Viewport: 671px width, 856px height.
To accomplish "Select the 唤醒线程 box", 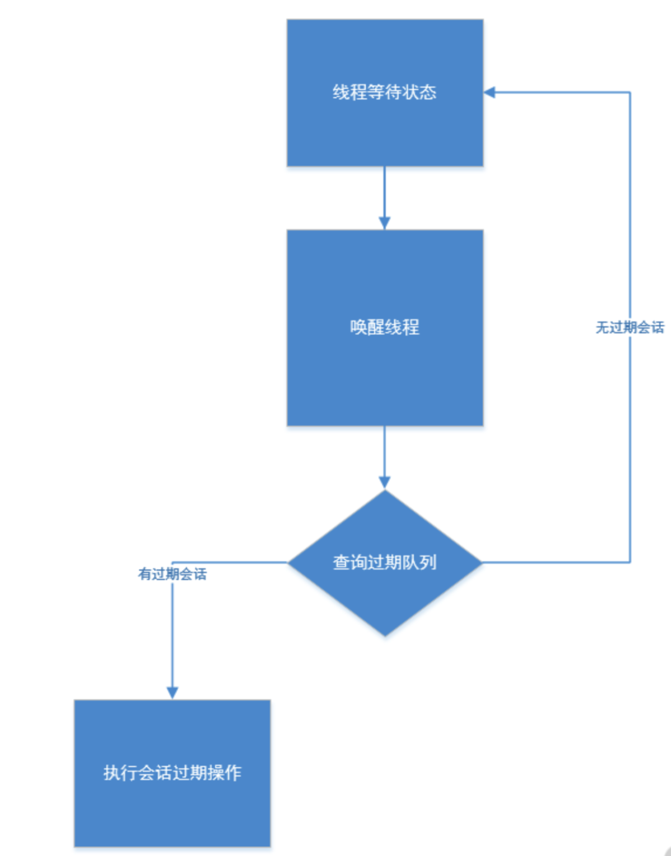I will pyautogui.click(x=385, y=373).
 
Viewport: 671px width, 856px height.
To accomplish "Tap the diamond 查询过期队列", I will pyautogui.click(x=385, y=597).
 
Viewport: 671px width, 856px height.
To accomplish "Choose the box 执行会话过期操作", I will pyautogui.click(x=172, y=808).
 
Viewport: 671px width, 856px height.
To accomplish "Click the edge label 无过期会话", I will pyautogui.click(x=629, y=328).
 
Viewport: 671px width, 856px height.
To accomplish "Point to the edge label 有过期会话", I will pyautogui.click(x=172, y=574).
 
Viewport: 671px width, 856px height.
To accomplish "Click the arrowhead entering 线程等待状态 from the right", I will pyautogui.click(x=490, y=93).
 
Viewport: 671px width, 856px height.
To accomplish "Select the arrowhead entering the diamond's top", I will pyautogui.click(x=385, y=482).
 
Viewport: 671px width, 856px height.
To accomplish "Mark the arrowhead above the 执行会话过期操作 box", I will pyautogui.click(x=172, y=693).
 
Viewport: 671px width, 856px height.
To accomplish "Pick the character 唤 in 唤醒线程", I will pyautogui.click(x=358, y=327).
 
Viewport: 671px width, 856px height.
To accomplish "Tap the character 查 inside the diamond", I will pyautogui.click(x=341, y=563).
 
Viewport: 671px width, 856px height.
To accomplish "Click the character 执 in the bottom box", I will pyautogui.click(x=112, y=773).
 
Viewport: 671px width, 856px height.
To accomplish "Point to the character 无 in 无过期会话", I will pyautogui.click(x=602, y=328).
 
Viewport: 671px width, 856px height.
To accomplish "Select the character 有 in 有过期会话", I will pyautogui.click(x=145, y=574).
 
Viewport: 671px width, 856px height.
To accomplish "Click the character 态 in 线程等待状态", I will pyautogui.click(x=428, y=93).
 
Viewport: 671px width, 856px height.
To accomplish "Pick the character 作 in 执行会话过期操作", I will pyautogui.click(x=233, y=773).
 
